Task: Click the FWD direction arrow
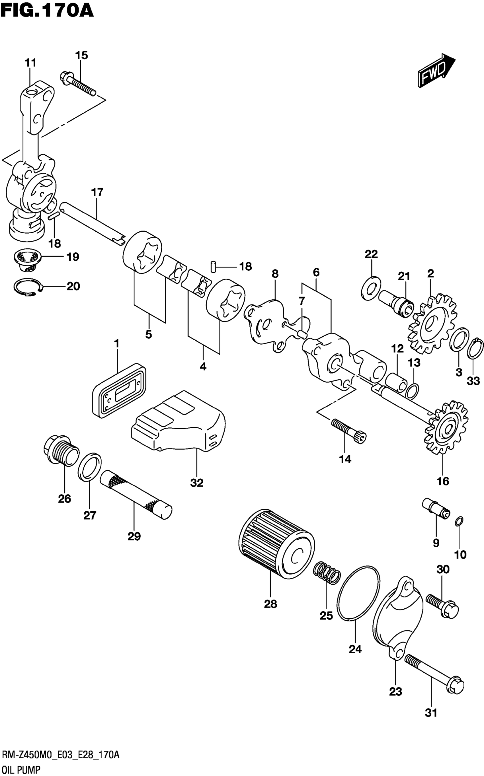tap(436, 70)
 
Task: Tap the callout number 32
tap(196, 483)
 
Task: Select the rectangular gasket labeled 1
tap(119, 390)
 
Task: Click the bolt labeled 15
tap(77, 83)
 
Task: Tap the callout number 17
tap(97, 192)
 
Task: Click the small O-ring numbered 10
tap(458, 522)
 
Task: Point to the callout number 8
tap(275, 274)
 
